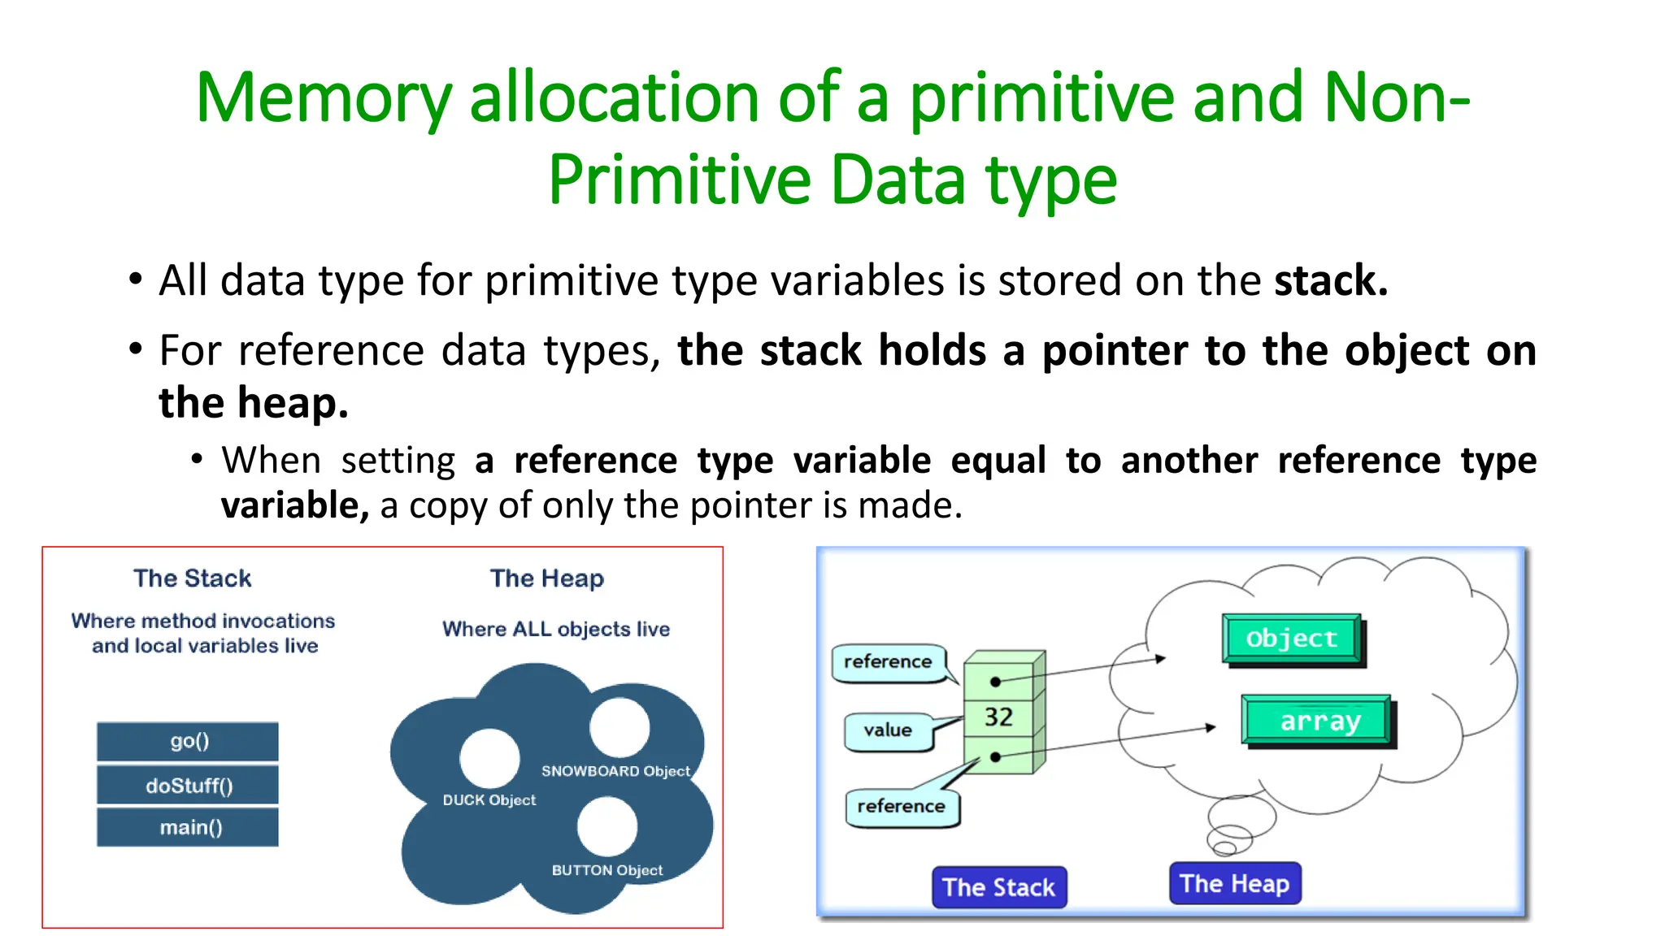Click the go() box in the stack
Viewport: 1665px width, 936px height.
click(x=188, y=741)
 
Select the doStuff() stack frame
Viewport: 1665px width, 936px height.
click(x=188, y=786)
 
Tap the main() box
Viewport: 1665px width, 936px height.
click(x=188, y=827)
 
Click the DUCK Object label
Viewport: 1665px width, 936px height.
click(x=489, y=800)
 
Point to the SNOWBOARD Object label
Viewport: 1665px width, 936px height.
click(x=615, y=771)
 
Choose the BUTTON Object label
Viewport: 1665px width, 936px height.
click(x=606, y=870)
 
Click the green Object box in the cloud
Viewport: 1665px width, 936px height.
click(x=1291, y=639)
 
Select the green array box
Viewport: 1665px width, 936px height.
click(x=1317, y=720)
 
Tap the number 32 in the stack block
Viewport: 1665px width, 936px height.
click(x=998, y=717)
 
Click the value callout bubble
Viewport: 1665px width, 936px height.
click(x=888, y=730)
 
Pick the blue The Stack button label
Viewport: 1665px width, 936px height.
click(x=998, y=887)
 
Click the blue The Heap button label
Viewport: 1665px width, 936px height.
click(x=1234, y=883)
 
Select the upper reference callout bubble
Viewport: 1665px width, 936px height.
click(x=888, y=662)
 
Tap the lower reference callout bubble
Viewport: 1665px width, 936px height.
click(x=901, y=806)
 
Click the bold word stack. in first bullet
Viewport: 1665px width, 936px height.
click(x=1330, y=281)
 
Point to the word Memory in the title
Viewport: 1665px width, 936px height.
click(x=323, y=99)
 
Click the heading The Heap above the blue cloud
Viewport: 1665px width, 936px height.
click(x=546, y=578)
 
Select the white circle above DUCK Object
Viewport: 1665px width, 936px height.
click(x=489, y=757)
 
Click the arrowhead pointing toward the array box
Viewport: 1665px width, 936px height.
click(x=1211, y=728)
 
